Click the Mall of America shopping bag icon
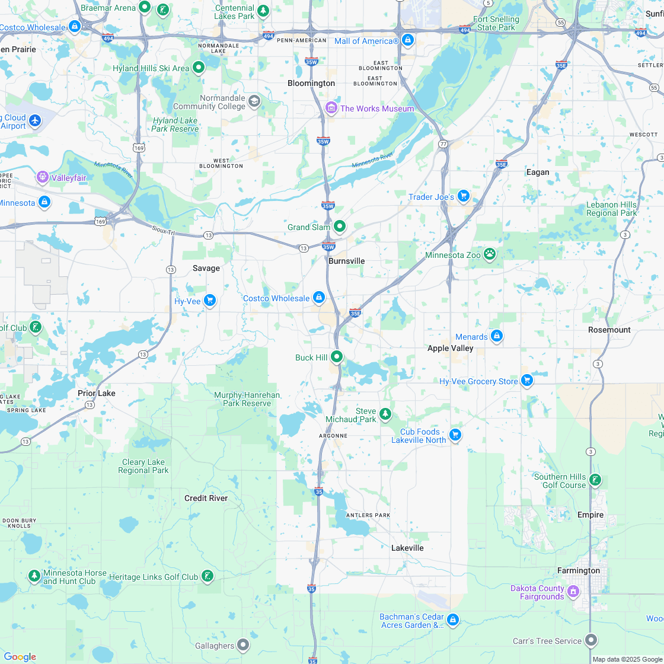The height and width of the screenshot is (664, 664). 407,40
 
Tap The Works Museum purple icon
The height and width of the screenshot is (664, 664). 331,108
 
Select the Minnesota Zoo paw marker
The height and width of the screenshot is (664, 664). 489,254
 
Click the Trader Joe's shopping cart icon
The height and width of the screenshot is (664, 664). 464,196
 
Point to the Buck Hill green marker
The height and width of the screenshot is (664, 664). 337,357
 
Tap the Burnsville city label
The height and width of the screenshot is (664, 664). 346,261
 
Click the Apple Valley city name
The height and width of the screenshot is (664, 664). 450,348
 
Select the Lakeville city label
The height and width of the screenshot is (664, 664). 407,548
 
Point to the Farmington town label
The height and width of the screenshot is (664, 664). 578,570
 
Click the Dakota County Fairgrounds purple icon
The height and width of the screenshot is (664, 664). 573,591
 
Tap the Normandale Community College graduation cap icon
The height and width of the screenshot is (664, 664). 254,101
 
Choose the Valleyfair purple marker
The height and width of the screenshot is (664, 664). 42,177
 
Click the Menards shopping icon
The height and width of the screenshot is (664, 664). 497,337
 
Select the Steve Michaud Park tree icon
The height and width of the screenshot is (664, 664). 385,413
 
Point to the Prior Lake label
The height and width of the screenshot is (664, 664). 97,393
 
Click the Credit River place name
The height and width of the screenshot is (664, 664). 206,498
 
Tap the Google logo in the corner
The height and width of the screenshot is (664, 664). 20,656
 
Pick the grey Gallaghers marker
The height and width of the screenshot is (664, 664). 243,644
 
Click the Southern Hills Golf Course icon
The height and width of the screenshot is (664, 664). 595,480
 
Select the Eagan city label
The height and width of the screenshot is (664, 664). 538,172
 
